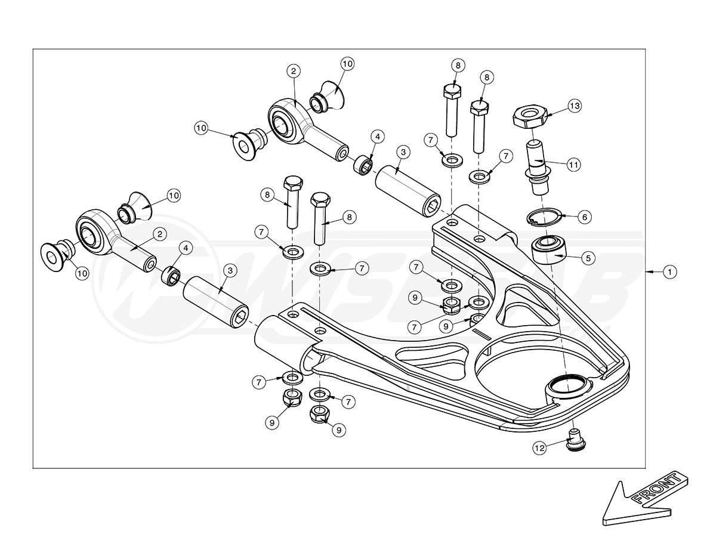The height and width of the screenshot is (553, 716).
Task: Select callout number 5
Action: pos(587,258)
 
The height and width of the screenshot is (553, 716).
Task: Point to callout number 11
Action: pos(574,163)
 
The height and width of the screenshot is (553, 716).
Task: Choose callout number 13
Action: pos(574,106)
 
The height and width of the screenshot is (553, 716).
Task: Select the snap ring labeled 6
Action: pos(544,218)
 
